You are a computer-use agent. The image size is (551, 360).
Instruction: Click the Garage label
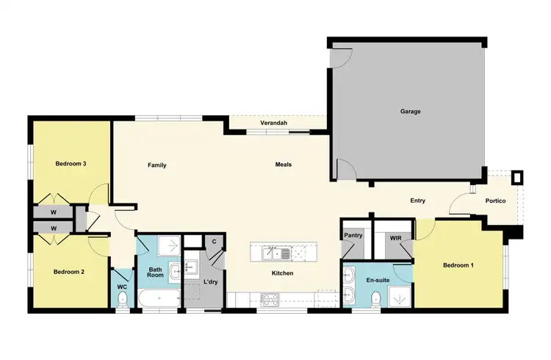click(410, 112)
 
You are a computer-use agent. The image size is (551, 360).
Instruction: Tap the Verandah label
click(273, 123)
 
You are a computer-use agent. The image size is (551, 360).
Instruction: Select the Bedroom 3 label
click(71, 163)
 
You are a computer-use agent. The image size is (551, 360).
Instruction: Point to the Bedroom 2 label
click(69, 272)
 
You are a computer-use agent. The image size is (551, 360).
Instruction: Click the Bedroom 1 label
click(458, 264)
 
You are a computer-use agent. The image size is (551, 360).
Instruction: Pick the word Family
click(156, 165)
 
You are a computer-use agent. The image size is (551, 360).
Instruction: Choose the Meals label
click(284, 165)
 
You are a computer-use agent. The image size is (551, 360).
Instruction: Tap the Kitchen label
click(282, 273)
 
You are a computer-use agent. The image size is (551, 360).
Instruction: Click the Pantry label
click(354, 236)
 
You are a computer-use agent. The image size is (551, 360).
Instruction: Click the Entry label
click(418, 201)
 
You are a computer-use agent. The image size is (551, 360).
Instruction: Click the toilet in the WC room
click(123, 298)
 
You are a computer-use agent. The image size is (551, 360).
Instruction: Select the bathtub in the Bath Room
click(159, 298)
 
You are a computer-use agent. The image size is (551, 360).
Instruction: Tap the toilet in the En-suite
click(377, 298)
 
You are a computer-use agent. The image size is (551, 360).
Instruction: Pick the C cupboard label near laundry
click(214, 241)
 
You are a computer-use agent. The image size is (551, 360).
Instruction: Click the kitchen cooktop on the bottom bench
click(270, 298)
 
